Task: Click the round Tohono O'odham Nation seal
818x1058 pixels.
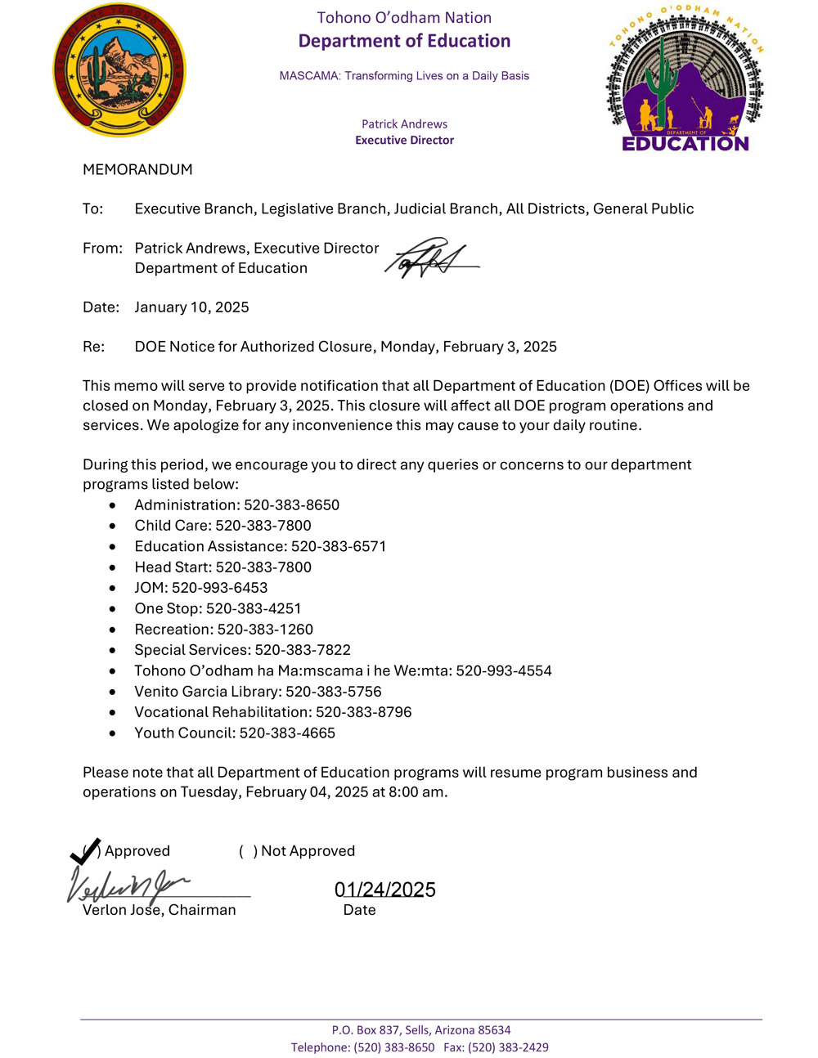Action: point(119,69)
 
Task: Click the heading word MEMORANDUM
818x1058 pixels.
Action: point(137,170)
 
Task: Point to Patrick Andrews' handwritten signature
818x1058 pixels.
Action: point(429,259)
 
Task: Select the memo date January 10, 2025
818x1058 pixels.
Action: point(191,307)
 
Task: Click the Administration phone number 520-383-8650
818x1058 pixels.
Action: point(291,505)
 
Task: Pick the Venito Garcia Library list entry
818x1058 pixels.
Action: point(258,692)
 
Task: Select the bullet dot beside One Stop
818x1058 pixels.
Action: point(112,609)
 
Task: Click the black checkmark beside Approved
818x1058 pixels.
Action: point(85,851)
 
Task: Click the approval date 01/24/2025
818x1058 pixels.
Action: point(384,890)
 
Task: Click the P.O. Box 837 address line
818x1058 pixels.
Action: point(420,1030)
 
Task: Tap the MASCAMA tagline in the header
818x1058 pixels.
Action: point(404,76)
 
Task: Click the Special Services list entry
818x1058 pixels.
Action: point(242,650)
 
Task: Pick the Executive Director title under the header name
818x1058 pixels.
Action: point(404,141)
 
